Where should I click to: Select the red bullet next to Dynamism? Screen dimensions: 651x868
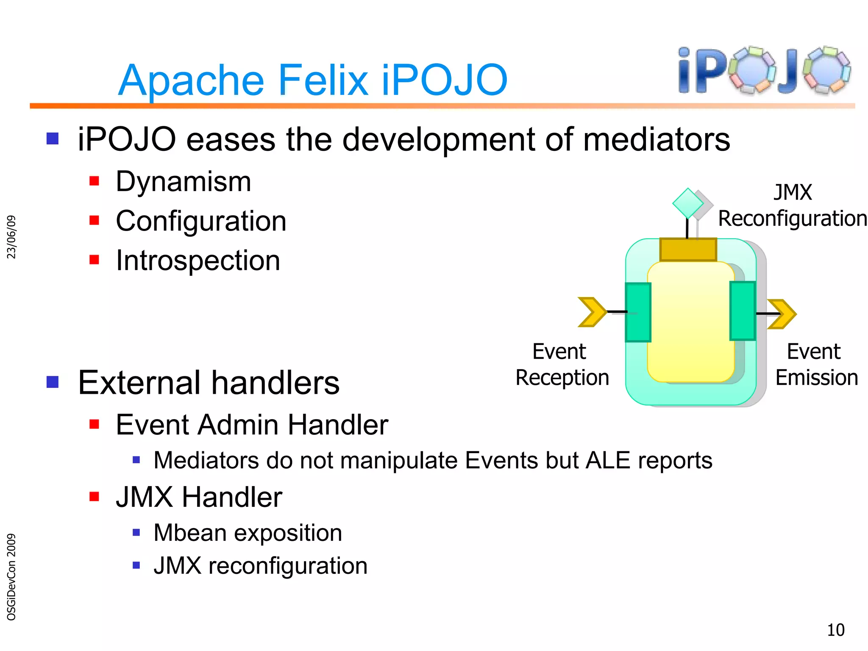[x=94, y=181]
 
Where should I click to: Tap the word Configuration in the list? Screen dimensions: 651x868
[x=201, y=221]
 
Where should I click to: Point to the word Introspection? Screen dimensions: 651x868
[x=198, y=260]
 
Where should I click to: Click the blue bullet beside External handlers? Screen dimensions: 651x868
[x=53, y=382]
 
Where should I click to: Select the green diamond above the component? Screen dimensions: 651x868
[x=687, y=203]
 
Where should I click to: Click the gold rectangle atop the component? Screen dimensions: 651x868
[x=688, y=250]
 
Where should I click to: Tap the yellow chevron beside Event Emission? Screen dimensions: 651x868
[x=782, y=314]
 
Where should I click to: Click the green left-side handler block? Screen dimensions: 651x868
[x=638, y=312]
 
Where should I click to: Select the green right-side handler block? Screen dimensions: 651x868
[x=742, y=311]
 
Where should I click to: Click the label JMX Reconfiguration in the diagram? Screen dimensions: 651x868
[x=792, y=206]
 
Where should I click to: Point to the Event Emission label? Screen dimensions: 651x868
[x=816, y=364]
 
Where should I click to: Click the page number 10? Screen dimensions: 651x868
[x=835, y=630]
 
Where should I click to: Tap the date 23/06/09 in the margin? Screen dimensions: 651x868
[x=11, y=237]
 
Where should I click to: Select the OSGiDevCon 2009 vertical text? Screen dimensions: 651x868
[x=11, y=576]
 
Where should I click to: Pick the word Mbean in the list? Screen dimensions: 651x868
[x=190, y=533]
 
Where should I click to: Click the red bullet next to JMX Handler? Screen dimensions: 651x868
[x=94, y=496]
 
